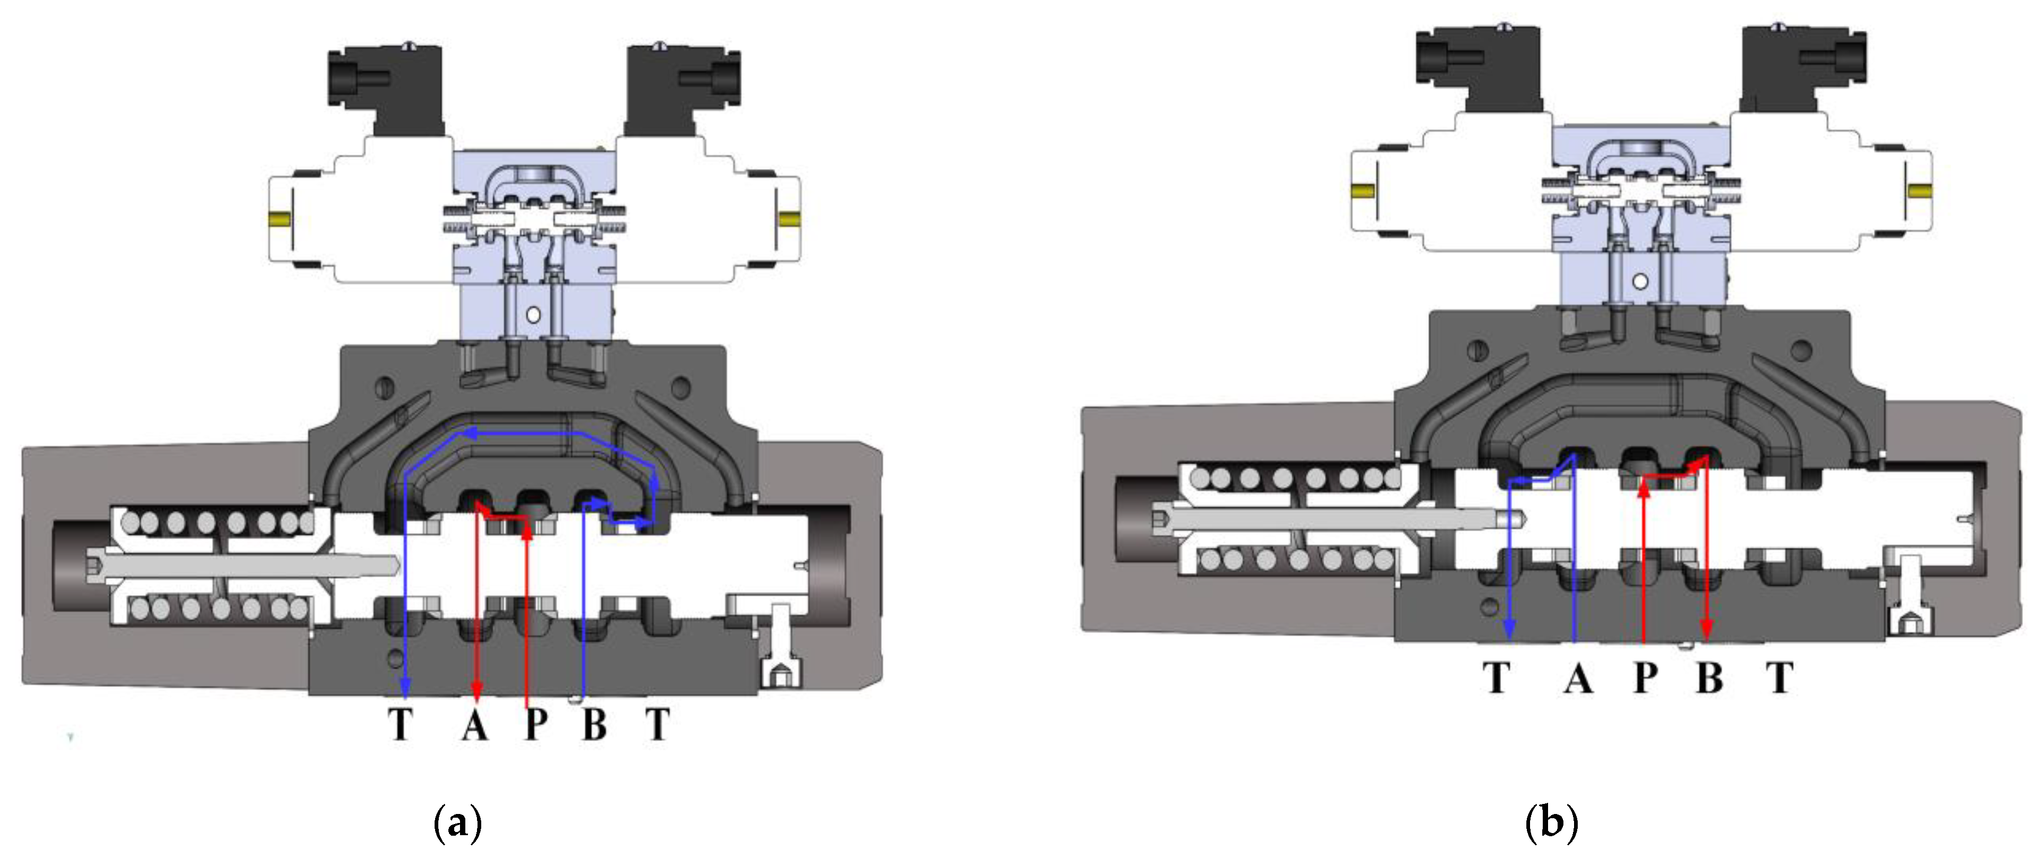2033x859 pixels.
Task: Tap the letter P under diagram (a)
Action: tap(537, 724)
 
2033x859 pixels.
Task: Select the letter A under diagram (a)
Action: tap(474, 724)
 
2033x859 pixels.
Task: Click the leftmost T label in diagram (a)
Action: tap(401, 724)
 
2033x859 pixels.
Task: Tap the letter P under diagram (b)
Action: tap(1645, 677)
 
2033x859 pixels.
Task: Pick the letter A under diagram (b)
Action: tap(1578, 677)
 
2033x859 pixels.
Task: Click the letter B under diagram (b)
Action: tap(1709, 677)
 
